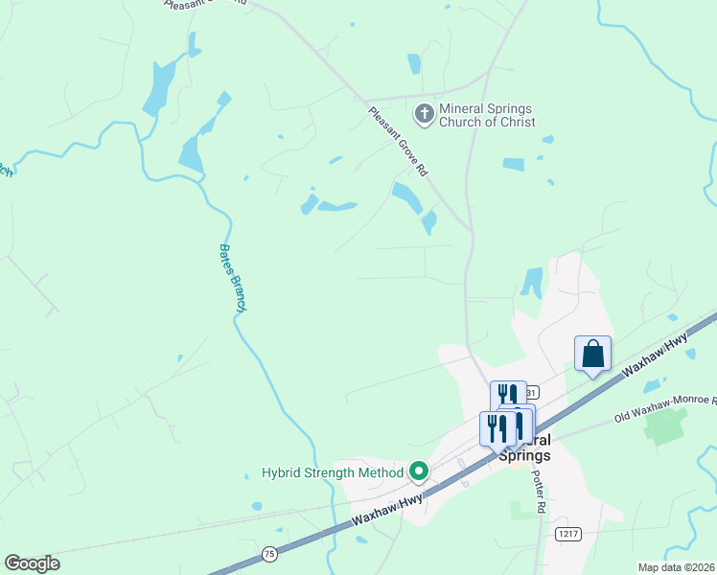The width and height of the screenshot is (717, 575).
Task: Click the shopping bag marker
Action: click(x=593, y=354)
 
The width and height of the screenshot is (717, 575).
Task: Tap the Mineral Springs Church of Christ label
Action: click(x=486, y=115)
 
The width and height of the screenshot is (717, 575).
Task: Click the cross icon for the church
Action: click(x=423, y=115)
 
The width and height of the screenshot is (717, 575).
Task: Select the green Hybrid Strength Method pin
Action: click(x=419, y=471)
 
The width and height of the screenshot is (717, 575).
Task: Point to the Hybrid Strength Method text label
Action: click(x=334, y=472)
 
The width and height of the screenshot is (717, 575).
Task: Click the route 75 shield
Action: click(x=270, y=554)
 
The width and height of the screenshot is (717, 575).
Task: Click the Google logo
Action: click(x=32, y=563)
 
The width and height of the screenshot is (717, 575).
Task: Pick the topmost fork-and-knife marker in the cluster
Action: click(x=508, y=394)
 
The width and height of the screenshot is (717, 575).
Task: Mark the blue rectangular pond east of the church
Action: click(x=513, y=164)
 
